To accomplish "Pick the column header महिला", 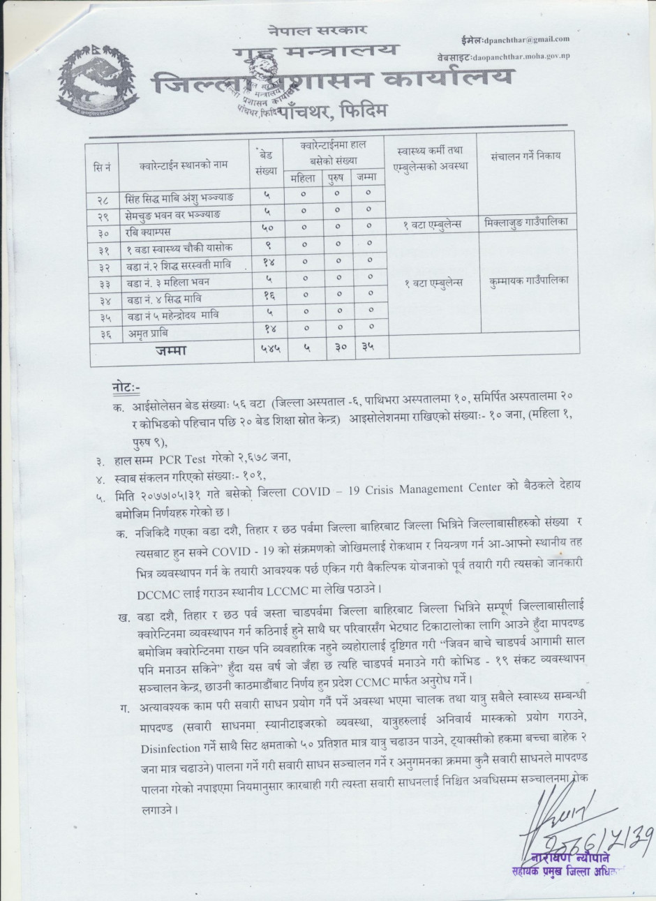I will pyautogui.click(x=303, y=178).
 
